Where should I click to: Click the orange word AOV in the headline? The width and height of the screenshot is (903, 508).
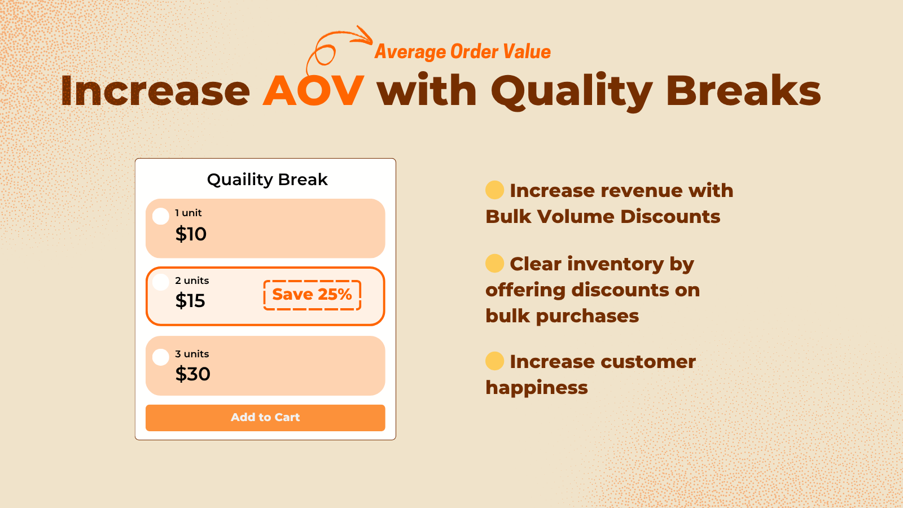pyautogui.click(x=313, y=91)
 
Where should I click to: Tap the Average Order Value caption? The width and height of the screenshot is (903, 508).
pyautogui.click(x=462, y=52)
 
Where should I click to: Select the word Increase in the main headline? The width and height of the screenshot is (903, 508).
pyautogui.click(x=155, y=91)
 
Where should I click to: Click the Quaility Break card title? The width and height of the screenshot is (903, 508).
pyautogui.click(x=267, y=179)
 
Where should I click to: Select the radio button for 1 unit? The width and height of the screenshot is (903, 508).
pyautogui.click(x=161, y=216)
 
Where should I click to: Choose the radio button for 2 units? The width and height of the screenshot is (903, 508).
pyautogui.click(x=161, y=282)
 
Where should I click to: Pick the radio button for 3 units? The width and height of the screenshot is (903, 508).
pyautogui.click(x=161, y=357)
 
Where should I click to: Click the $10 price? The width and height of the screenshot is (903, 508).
pyautogui.click(x=191, y=234)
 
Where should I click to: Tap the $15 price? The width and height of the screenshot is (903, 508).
pyautogui.click(x=190, y=301)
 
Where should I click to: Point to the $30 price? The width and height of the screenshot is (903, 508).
pyautogui.click(x=192, y=374)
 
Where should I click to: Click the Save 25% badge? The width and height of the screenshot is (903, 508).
pyautogui.click(x=312, y=295)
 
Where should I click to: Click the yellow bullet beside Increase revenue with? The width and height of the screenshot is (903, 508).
pyautogui.click(x=494, y=190)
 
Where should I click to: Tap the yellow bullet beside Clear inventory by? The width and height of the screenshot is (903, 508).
pyautogui.click(x=494, y=263)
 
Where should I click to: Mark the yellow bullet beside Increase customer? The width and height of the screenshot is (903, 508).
pyautogui.click(x=494, y=361)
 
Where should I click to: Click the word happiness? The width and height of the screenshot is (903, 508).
pyautogui.click(x=536, y=388)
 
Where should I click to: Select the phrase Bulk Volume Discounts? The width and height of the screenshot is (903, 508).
pyautogui.click(x=603, y=217)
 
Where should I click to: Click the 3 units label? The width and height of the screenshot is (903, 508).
pyautogui.click(x=192, y=354)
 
